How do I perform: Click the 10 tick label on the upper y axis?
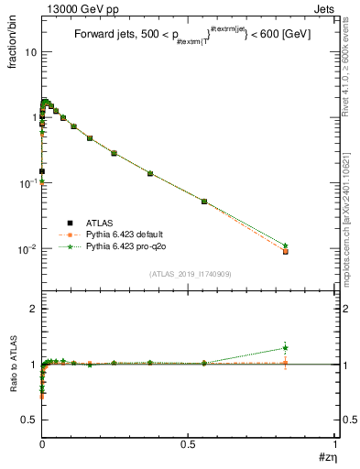coord(30,52)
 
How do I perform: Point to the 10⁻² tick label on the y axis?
coord(27,249)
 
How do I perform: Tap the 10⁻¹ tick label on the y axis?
coord(27,183)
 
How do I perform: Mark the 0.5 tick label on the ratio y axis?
coord(30,420)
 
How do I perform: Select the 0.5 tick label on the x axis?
coord(189,444)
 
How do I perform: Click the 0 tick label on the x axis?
coord(43,444)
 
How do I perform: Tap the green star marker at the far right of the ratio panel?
coord(286,347)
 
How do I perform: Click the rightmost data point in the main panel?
coord(286,250)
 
